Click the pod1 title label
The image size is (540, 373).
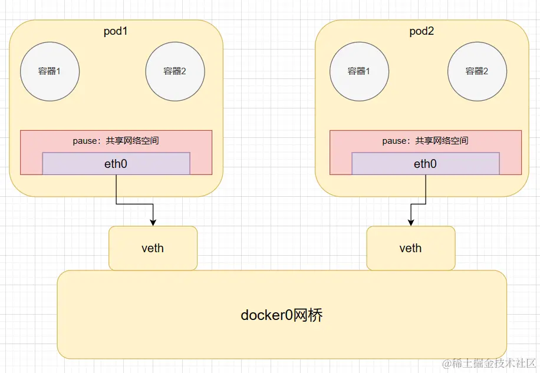116,31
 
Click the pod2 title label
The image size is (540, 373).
422,31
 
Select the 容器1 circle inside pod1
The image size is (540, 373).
50,71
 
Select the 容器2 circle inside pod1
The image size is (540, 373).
175,71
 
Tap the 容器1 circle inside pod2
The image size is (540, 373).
359,71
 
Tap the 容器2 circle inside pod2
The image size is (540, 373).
477,71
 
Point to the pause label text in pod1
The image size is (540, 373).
116,141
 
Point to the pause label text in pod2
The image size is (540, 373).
425,141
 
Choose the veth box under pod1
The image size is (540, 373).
153,248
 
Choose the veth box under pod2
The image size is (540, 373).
410,248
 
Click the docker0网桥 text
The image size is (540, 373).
282,315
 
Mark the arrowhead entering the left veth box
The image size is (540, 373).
153,222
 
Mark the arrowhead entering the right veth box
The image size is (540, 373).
410,222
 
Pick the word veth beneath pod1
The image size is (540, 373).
153,248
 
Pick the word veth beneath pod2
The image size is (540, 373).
410,248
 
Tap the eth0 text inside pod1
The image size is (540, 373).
116,164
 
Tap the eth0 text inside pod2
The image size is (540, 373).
425,164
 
